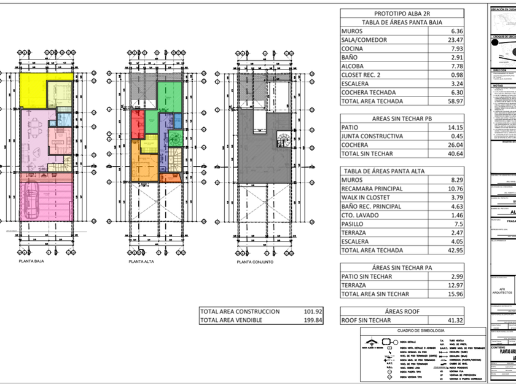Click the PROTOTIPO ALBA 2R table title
click(401, 14)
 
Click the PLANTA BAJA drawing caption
click(31, 260)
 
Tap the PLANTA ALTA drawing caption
click(141, 261)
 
